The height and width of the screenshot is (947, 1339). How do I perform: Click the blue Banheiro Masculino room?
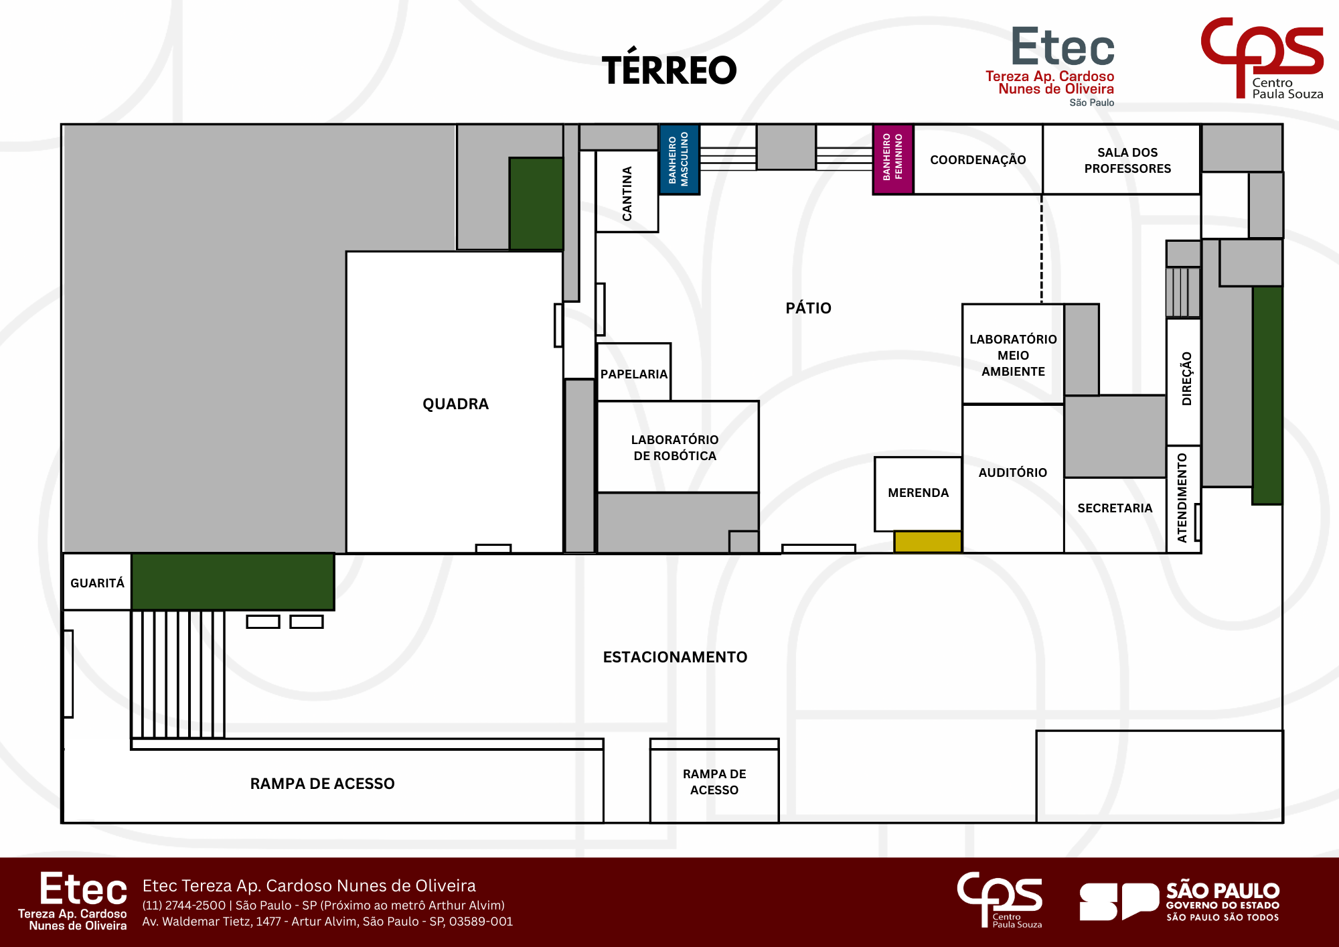pos(680,159)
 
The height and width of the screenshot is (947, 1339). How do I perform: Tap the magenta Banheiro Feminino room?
pos(893,159)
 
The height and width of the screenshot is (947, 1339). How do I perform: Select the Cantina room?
pos(627,192)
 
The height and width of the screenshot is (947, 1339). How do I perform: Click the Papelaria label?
pos(634,374)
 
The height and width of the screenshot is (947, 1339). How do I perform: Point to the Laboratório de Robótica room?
pos(678,447)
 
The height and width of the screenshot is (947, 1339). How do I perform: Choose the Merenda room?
pos(918,494)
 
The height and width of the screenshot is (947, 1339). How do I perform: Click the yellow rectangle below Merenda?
pos(928,542)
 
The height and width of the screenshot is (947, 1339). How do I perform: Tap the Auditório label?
pos(1013,473)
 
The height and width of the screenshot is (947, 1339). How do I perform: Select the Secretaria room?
pos(1115,515)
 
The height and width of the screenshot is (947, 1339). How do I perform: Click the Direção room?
pos(1184,382)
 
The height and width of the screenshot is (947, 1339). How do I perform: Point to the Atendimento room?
pos(1184,500)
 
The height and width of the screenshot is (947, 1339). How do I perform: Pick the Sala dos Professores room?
pos(1121,159)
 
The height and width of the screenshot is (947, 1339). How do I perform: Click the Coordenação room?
pos(978,159)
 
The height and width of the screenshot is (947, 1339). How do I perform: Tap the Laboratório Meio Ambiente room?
pos(1013,354)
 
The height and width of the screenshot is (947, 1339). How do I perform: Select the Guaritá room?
pos(97,582)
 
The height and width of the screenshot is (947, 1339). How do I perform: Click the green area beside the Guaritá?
pos(233,582)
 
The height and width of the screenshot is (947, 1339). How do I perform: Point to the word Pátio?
pos(809,308)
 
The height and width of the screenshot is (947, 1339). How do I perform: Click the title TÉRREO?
pos(669,69)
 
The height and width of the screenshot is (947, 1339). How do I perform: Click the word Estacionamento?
pos(675,657)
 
